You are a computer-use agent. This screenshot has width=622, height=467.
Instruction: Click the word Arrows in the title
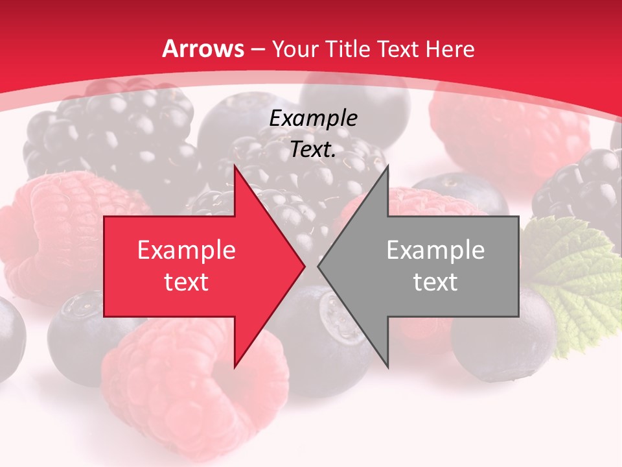pos(203,49)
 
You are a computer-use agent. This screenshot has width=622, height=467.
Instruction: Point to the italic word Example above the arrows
pos(313,119)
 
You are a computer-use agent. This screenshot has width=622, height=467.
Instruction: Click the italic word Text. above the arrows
pos(313,150)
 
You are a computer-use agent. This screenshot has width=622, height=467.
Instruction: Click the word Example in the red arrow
pos(187,250)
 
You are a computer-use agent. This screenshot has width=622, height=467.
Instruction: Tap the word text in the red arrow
pos(187,282)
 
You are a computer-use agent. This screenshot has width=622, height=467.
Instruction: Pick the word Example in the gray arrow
pos(435,250)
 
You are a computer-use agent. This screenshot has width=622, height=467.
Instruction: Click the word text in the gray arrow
pos(435,282)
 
